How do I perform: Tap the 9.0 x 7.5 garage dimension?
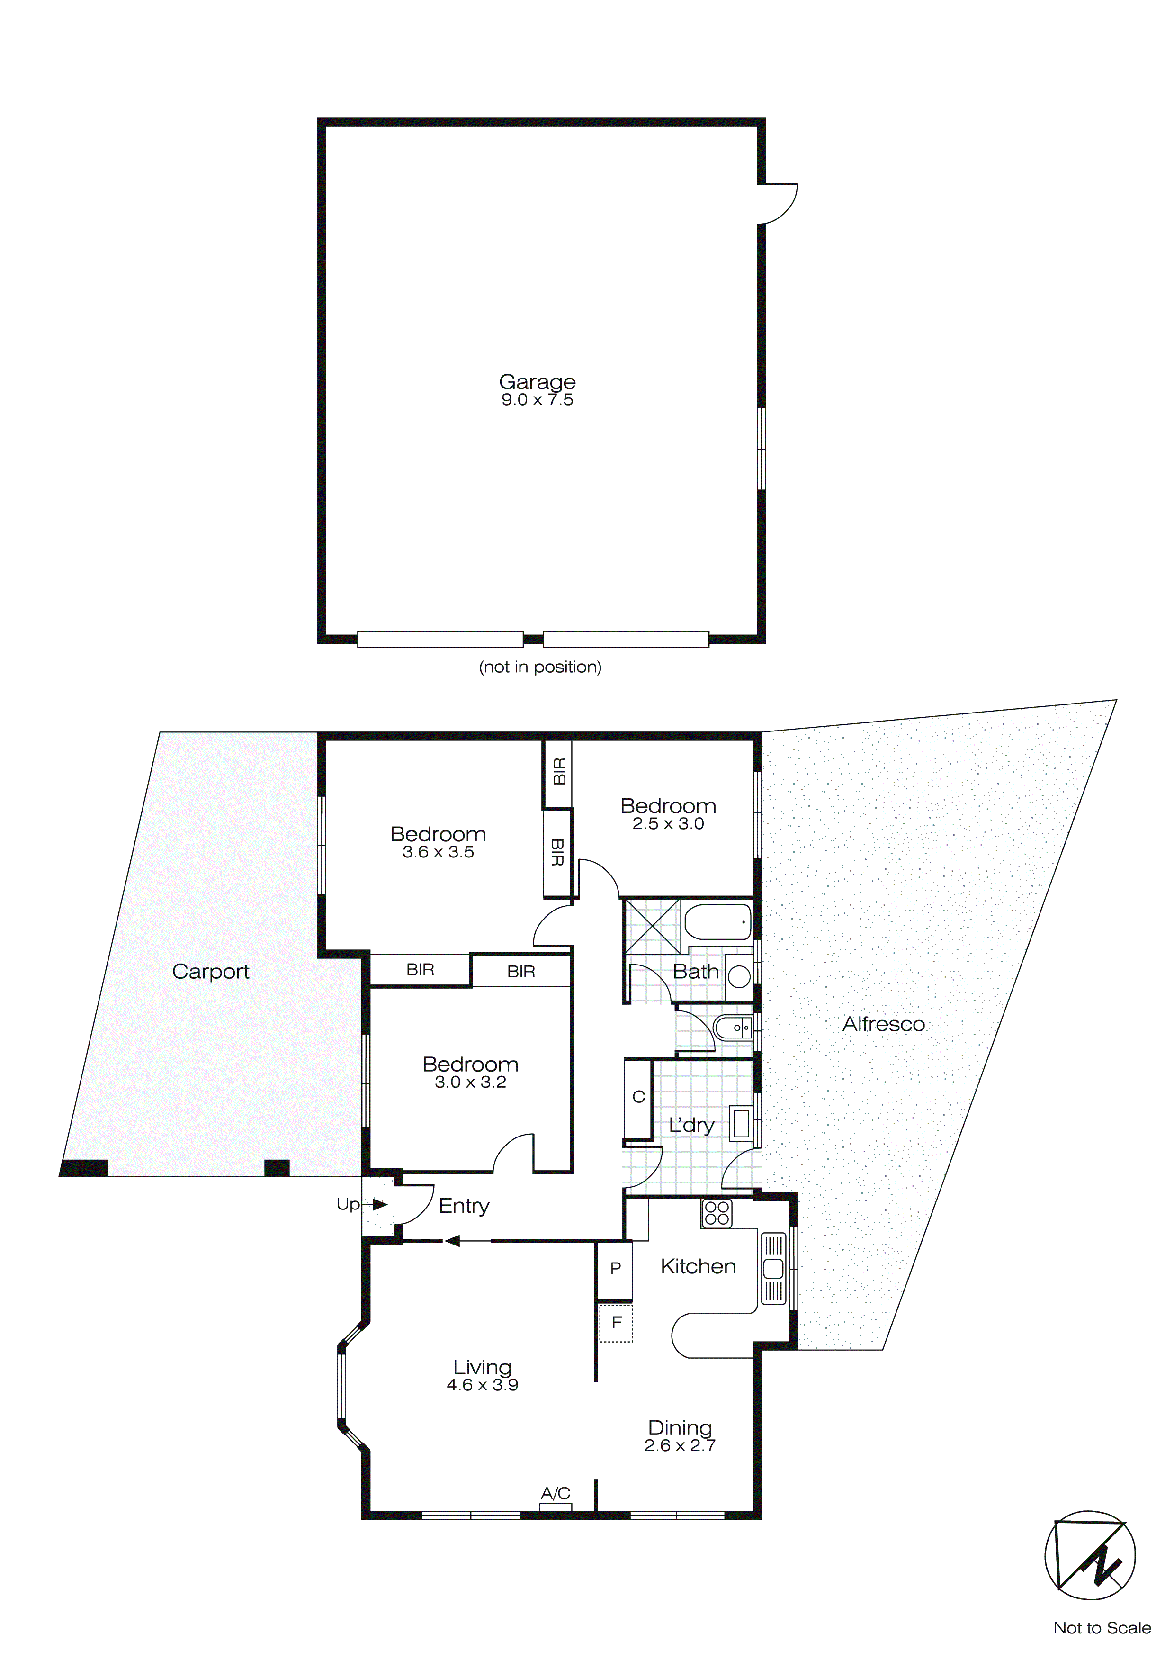pyautogui.click(x=537, y=400)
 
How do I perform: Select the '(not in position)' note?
pyautogui.click(x=540, y=667)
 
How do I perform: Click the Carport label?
pyautogui.click(x=210, y=971)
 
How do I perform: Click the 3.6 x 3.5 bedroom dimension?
pyautogui.click(x=438, y=852)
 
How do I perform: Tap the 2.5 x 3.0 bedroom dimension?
pyautogui.click(x=668, y=824)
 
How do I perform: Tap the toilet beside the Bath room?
pyautogui.click(x=733, y=1027)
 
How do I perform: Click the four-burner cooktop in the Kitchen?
pyautogui.click(x=717, y=1213)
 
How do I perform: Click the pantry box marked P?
pyautogui.click(x=615, y=1268)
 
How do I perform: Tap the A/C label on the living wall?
pyautogui.click(x=555, y=1492)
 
